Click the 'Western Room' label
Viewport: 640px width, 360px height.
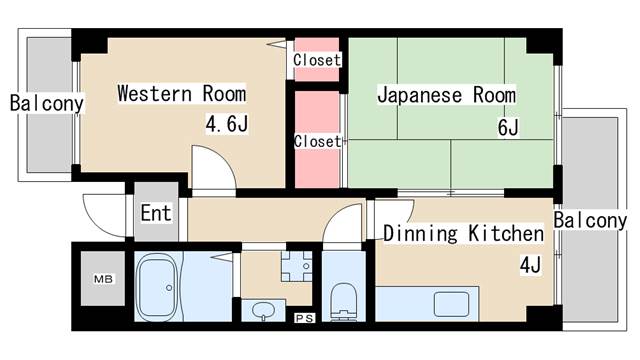[181, 94]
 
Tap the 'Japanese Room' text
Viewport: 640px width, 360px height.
[446, 95]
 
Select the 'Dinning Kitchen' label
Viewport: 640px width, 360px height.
[463, 234]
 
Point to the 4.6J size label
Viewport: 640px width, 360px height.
[226, 126]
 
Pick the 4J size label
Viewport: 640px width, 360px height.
[530, 266]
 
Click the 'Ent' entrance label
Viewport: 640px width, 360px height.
[155, 213]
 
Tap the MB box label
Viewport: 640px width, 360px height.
[102, 279]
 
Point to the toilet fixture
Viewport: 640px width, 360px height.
[344, 298]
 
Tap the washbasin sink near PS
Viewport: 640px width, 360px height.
[263, 309]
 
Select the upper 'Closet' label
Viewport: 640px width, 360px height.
[317, 60]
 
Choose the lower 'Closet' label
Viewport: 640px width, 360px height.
[317, 141]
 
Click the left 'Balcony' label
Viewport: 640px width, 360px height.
[45, 102]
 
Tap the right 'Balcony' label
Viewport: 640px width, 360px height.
[590, 220]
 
